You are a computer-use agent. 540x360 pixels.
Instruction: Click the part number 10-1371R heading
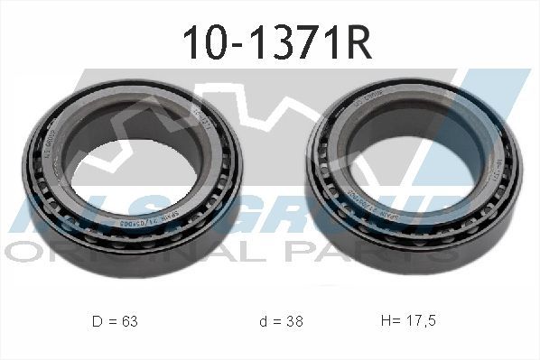270,42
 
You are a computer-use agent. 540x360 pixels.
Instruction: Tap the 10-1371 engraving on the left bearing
203,122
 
